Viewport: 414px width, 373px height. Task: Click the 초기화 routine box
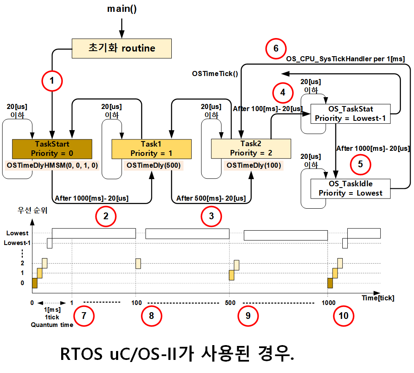point(122,48)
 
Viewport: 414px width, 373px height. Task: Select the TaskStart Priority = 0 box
point(52,148)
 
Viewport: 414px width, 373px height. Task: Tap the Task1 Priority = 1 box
point(152,148)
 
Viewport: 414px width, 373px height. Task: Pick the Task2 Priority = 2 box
point(252,148)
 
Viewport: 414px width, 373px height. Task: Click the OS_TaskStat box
point(350,114)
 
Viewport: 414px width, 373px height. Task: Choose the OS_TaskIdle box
point(350,188)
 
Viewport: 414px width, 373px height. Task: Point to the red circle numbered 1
point(52,81)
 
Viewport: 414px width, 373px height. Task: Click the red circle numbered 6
point(276,48)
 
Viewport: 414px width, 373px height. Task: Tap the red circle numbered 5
point(360,164)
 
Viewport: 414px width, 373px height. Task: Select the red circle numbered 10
point(344,316)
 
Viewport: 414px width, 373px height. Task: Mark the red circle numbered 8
point(151,316)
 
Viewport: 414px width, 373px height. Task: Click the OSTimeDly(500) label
point(154,166)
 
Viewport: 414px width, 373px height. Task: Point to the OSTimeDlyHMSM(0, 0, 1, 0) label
point(52,166)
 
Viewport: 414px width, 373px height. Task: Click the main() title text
point(122,9)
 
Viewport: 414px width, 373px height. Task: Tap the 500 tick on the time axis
point(230,303)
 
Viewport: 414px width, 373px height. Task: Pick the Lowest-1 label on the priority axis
point(16,243)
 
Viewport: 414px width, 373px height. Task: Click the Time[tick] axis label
point(378,298)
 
